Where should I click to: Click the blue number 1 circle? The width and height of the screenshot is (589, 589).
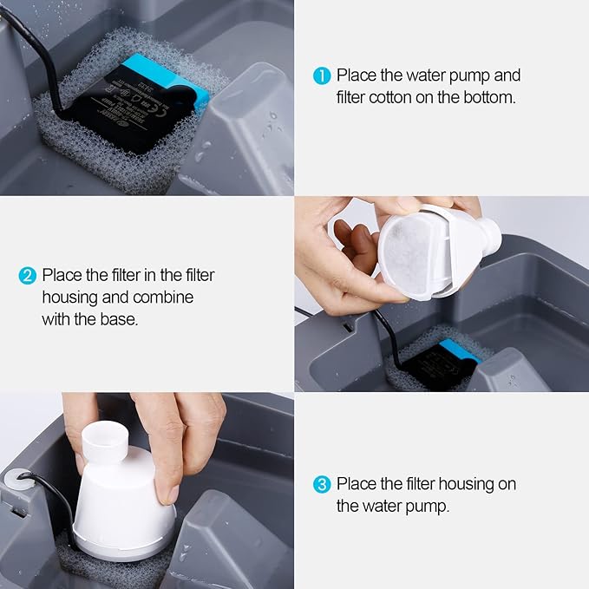[322, 76]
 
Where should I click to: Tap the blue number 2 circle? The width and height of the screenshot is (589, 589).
[28, 276]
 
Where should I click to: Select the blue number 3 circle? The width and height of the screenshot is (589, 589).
[322, 484]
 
